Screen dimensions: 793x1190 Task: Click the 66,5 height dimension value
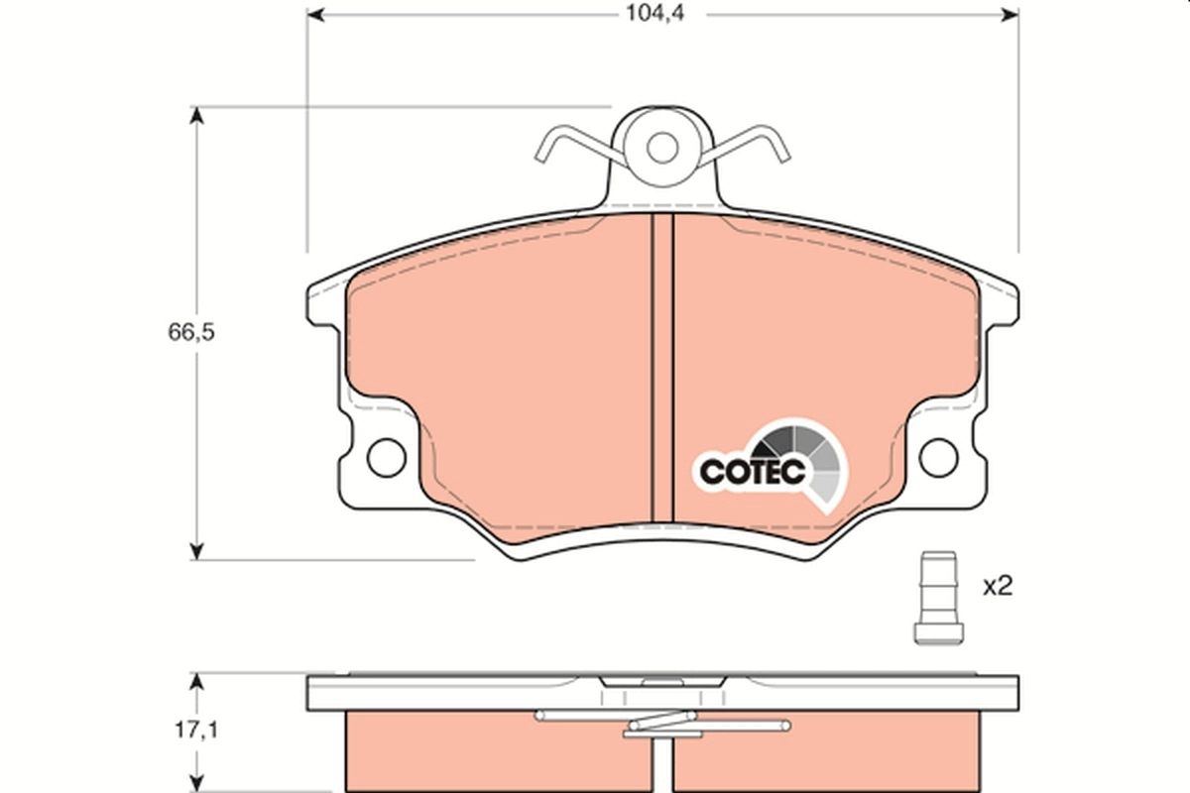tap(191, 332)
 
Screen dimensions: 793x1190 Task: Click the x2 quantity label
tap(997, 587)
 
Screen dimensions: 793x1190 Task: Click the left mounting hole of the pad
tap(386, 457)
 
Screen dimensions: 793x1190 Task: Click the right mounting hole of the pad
tap(937, 457)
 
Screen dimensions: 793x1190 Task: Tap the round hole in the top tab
tap(661, 148)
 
